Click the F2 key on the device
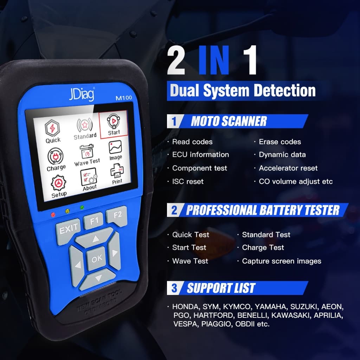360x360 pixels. pos(117,216)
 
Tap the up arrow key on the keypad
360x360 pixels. pos(95,239)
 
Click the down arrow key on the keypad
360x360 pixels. pos(97,279)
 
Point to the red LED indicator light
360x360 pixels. pos(53,215)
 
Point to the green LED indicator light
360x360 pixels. pos(82,207)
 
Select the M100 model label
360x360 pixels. pos(124,98)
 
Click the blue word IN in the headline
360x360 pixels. pos(214,60)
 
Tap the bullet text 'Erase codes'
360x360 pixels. pos(280,142)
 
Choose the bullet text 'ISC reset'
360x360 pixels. pos(188,182)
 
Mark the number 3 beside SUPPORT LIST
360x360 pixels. pos(174,288)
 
